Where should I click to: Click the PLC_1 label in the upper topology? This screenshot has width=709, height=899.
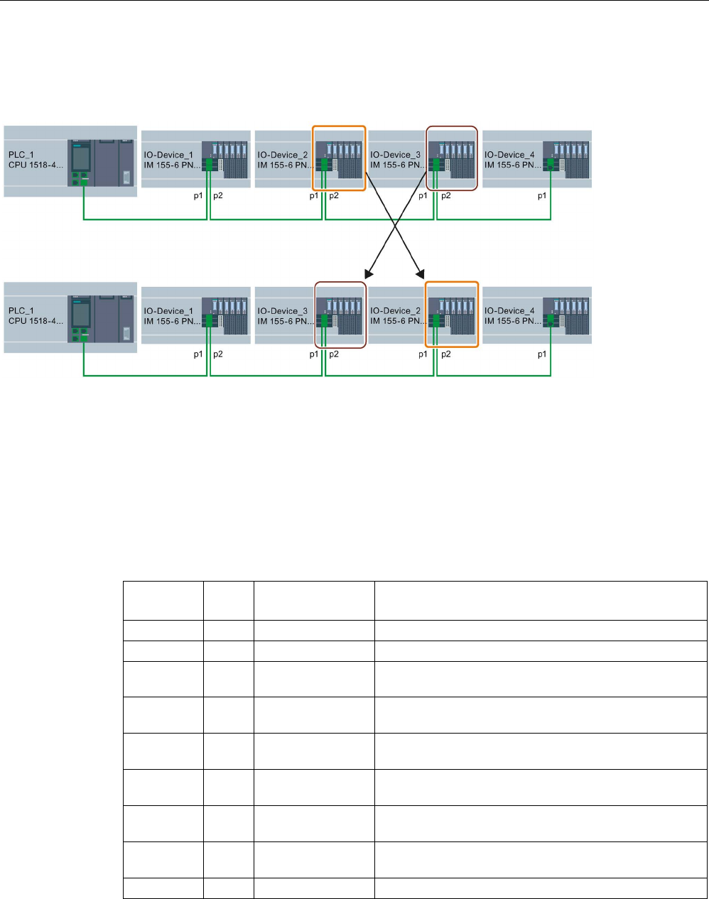coord(21,155)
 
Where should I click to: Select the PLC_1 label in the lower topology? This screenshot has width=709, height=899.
coord(21,311)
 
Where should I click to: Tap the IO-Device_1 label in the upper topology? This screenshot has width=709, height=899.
coord(168,155)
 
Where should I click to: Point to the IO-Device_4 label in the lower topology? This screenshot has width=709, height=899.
coord(509,311)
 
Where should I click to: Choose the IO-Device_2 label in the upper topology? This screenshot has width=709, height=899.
coord(282,155)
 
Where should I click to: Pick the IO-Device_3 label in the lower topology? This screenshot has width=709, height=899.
coord(282,311)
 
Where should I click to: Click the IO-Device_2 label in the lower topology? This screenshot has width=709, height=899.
coord(396,311)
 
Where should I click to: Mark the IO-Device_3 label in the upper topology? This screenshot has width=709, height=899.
coord(396,155)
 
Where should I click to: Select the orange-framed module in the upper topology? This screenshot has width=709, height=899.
coord(340,158)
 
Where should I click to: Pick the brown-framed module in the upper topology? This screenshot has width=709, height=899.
coord(452,158)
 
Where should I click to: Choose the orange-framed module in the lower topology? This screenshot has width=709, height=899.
coord(452,315)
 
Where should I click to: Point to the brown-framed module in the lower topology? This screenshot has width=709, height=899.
coord(340,315)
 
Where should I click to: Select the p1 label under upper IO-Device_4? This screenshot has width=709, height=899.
coord(542,196)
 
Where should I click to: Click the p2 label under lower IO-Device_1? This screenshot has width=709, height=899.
coord(217,353)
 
